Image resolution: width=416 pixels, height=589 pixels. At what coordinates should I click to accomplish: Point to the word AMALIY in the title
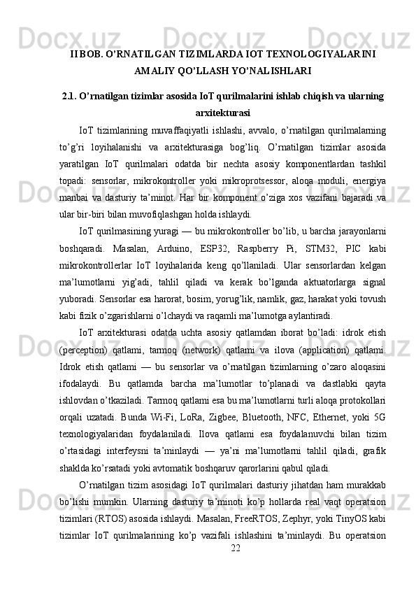(x=161, y=71)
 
